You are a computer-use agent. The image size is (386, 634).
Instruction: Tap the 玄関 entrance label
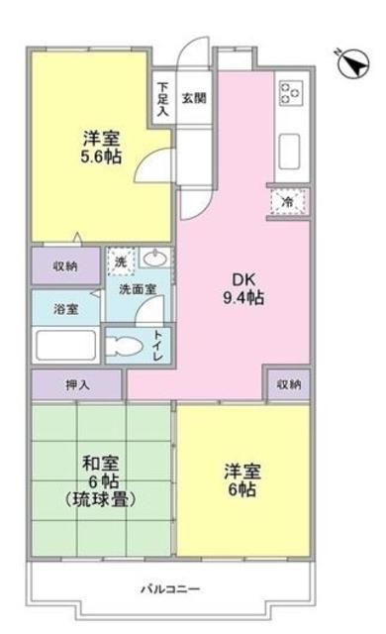194,97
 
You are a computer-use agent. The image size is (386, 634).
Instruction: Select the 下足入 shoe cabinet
163,98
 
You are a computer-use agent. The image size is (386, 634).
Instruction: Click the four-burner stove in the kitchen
290,93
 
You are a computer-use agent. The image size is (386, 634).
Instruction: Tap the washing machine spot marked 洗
120,264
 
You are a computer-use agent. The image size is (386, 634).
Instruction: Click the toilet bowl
125,346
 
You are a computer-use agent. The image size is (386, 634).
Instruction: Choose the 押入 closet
76,382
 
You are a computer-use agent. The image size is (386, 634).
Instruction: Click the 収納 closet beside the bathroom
65,265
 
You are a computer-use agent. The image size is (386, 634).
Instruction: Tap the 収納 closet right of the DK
288,382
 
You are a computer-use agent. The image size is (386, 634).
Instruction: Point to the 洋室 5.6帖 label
102,149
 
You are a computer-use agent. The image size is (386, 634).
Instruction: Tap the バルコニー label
176,588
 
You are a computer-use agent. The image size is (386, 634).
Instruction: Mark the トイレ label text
158,344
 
